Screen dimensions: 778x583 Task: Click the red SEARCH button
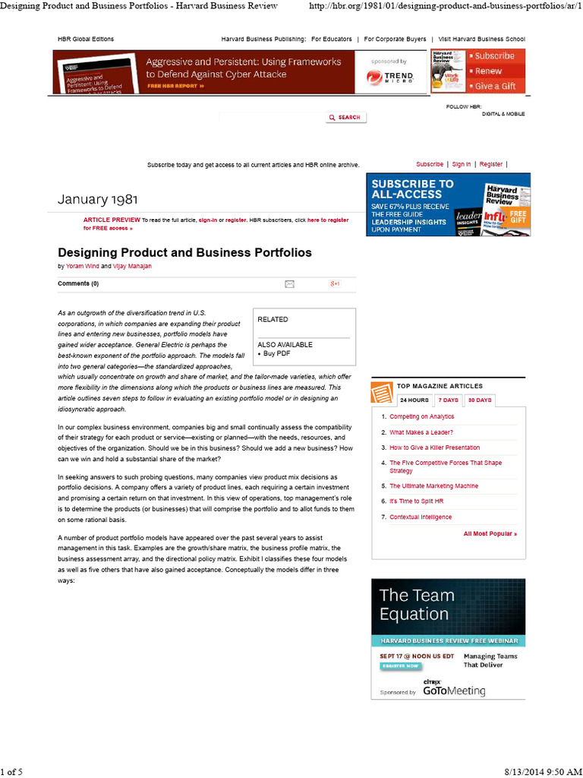[345, 117]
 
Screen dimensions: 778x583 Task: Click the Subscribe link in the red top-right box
[494, 55]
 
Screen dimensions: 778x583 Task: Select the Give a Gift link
[495, 86]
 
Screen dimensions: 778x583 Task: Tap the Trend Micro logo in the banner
[389, 77]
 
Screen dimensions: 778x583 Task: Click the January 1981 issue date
[98, 200]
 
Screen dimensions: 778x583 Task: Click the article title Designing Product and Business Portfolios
[184, 252]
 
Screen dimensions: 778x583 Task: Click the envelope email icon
[289, 284]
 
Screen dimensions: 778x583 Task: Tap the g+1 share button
[334, 284]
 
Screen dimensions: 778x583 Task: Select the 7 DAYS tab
[448, 400]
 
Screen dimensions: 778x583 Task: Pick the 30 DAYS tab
[479, 400]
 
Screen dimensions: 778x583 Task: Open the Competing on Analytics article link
[421, 416]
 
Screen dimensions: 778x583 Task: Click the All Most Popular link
[490, 533]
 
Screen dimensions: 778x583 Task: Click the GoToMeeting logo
[454, 691]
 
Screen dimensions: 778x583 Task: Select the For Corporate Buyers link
[395, 39]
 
